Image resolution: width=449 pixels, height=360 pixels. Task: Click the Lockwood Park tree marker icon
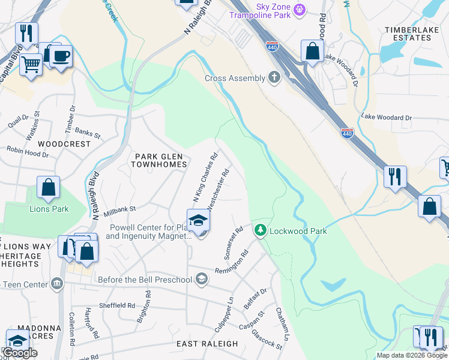(261, 230)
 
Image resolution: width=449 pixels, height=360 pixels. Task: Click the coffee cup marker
(60, 57)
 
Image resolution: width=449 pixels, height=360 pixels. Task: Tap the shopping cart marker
(31, 63)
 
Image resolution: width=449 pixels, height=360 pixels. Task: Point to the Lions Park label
(49, 209)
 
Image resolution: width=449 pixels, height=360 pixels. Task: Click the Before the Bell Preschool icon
(202, 279)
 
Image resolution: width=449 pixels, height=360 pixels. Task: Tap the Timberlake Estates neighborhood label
(416, 33)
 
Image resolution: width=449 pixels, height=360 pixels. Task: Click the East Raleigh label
(207, 344)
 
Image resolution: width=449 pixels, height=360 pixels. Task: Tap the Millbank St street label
(120, 211)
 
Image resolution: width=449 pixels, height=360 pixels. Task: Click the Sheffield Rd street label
(117, 305)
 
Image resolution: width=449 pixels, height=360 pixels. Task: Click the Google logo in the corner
(20, 353)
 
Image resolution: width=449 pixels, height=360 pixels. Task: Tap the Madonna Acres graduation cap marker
(17, 340)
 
